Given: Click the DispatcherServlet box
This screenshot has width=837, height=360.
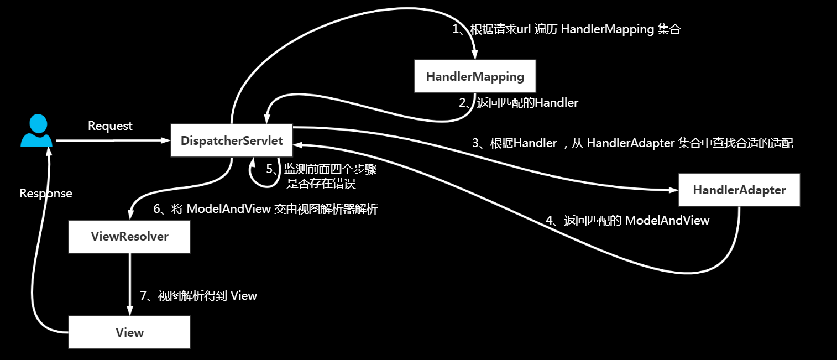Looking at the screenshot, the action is pyautogui.click(x=232, y=141).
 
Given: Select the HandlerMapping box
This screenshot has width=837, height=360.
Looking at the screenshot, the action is pyautogui.click(x=475, y=76).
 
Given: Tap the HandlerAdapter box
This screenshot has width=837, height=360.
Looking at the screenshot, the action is pyautogui.click(x=739, y=190).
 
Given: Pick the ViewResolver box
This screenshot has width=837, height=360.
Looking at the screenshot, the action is pyautogui.click(x=129, y=237).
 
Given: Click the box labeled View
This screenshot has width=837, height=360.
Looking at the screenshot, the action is pyautogui.click(x=129, y=332).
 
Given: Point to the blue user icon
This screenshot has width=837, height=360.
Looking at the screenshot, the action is pyautogui.click(x=36, y=131).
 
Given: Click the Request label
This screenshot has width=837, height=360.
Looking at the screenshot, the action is pyautogui.click(x=110, y=126).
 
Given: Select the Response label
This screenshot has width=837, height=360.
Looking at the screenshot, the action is pyautogui.click(x=46, y=194).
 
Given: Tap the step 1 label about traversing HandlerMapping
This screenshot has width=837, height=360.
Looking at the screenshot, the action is pyautogui.click(x=566, y=29).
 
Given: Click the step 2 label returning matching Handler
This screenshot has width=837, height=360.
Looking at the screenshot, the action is pyautogui.click(x=519, y=102).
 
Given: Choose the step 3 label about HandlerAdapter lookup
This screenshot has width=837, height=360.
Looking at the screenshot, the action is pyautogui.click(x=632, y=143).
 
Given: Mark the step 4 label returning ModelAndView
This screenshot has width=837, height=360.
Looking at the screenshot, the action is pyautogui.click(x=627, y=220).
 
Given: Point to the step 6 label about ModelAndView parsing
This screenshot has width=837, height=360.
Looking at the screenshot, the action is pyautogui.click(x=265, y=209).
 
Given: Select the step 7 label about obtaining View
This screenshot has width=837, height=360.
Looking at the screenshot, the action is pyautogui.click(x=198, y=296).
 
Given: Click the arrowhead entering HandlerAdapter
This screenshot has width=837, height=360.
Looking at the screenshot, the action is pyautogui.click(x=673, y=190).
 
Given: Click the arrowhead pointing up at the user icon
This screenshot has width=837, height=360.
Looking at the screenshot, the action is pyautogui.click(x=49, y=153).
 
